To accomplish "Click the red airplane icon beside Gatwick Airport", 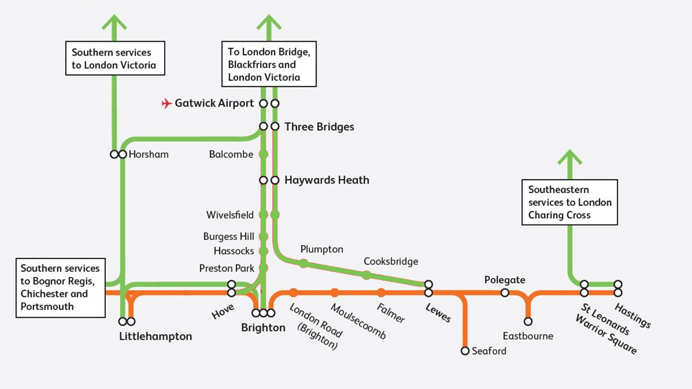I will coord(167,104).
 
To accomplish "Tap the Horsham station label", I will coord(148,154).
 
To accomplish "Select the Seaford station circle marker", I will coord(465,351).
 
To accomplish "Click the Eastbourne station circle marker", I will coord(528,322).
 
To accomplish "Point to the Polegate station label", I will coord(505,280).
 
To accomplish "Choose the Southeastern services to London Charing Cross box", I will coord(570,202).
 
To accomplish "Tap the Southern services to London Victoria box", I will coord(115,59).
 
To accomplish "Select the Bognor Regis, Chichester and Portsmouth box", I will coord(60,287).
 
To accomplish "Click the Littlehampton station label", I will coord(156,336).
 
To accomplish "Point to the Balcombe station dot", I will coord(263,154).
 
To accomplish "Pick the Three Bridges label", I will coord(319,127).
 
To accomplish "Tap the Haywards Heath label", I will coord(326,180).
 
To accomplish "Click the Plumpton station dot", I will coord(303,263).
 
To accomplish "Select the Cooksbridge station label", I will coord(391,262).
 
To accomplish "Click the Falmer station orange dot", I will coord(381,293).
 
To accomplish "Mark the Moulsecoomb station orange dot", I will coord(334,293).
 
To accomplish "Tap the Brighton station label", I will coord(263,328).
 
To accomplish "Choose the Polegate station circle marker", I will coord(505,293).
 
